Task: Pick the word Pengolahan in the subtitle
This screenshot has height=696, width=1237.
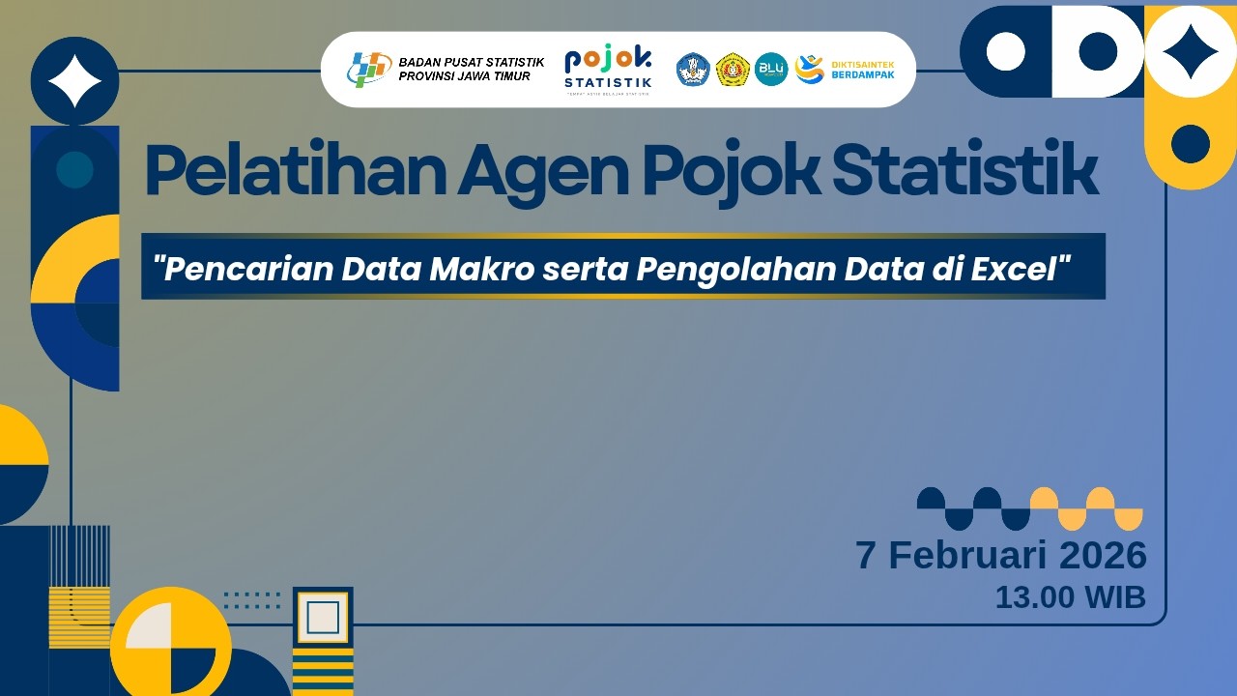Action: [736, 269]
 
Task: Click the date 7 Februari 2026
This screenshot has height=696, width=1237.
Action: [1001, 556]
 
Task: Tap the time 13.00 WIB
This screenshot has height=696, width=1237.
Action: [1070, 597]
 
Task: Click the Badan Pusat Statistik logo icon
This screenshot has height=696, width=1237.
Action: [368, 69]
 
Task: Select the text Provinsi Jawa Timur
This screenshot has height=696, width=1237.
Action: [465, 76]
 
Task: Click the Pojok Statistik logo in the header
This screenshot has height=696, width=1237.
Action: [608, 69]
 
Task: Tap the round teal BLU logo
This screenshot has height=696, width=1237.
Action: [771, 69]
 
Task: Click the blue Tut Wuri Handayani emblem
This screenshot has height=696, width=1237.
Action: [693, 69]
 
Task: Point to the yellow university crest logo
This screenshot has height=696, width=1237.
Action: [733, 69]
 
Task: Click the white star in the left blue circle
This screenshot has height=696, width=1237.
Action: [75, 81]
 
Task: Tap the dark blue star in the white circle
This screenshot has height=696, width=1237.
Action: [1191, 51]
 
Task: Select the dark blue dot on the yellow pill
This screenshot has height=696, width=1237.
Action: [1191, 144]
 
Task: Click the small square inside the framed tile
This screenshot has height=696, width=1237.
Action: [323, 617]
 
